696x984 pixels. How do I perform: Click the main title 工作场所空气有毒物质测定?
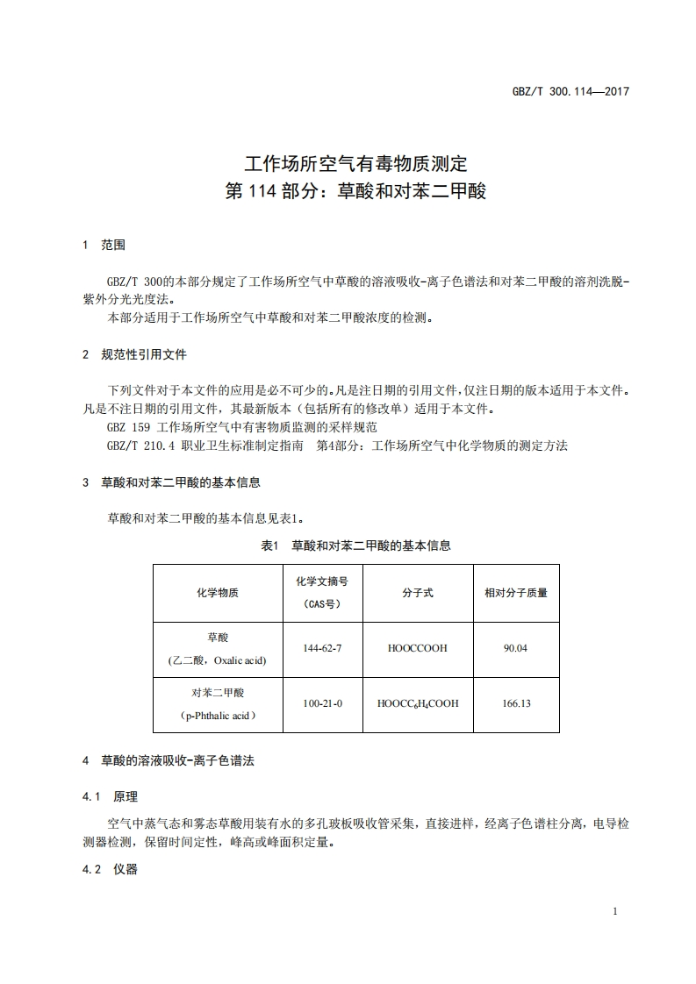click(x=355, y=163)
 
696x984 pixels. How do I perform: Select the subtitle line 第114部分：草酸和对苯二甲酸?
click(x=355, y=191)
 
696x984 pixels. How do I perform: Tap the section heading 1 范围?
click(x=104, y=246)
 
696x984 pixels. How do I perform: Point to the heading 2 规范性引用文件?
click(x=134, y=354)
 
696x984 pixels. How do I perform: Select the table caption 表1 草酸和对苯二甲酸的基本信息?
click(x=356, y=545)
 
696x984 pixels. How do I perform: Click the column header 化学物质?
click(x=217, y=593)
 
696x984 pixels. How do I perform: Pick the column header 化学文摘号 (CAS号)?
click(x=322, y=592)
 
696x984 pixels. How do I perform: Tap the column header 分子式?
click(x=417, y=593)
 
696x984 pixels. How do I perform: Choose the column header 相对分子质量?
click(x=515, y=593)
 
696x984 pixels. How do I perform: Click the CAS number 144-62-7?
click(x=322, y=648)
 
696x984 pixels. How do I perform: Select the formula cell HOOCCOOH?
click(x=417, y=648)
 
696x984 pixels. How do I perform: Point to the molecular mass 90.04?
click(x=515, y=648)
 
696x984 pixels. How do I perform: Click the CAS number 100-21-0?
click(x=322, y=703)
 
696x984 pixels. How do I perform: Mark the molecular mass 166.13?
click(x=515, y=703)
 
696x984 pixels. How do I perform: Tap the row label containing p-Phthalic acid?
click(x=217, y=715)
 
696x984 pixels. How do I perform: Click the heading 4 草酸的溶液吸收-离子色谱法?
click(x=167, y=761)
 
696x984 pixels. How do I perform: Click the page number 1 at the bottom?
click(x=615, y=911)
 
